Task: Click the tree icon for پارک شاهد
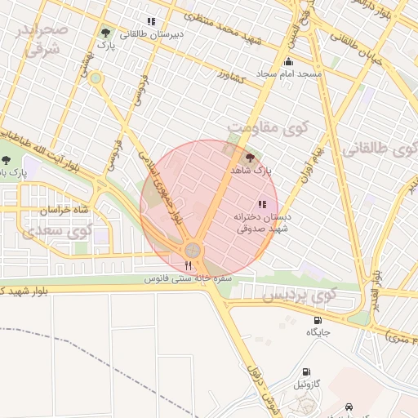click(249, 158)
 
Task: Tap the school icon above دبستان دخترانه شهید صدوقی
click(261, 205)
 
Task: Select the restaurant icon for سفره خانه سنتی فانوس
click(189, 265)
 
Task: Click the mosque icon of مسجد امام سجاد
click(287, 62)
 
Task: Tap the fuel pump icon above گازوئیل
click(306, 371)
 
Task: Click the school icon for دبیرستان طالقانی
click(150, 21)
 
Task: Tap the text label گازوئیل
click(313, 384)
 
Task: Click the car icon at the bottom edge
click(350, 406)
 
